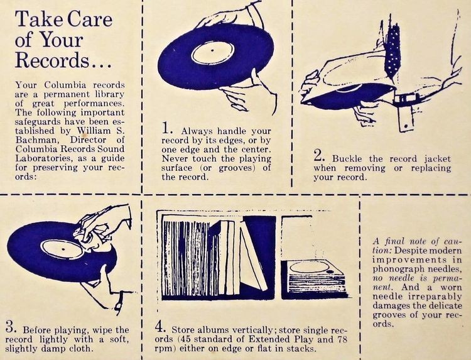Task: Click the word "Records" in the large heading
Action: pyautogui.click(x=52, y=60)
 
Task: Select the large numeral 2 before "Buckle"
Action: pyautogui.click(x=319, y=156)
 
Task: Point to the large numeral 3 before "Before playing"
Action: pyautogui.click(x=11, y=327)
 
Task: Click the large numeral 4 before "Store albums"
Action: pyautogui.click(x=160, y=327)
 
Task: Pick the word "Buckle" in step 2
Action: pyautogui.click(x=347, y=159)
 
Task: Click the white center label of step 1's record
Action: pyautogui.click(x=213, y=53)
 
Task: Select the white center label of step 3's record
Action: pyautogui.click(x=62, y=249)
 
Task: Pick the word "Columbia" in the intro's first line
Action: pyautogui.click(x=65, y=85)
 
